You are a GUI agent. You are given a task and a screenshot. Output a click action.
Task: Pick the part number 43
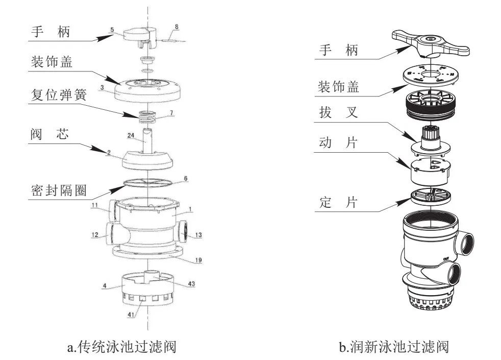(191, 284)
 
